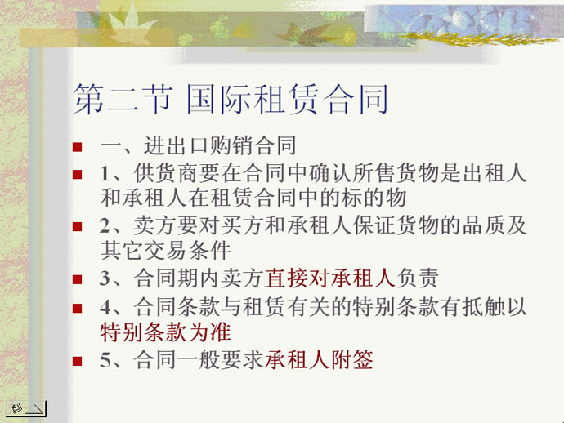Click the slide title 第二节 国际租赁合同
click(231, 99)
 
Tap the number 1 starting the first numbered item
click(105, 174)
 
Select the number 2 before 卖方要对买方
click(105, 226)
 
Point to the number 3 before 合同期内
click(105, 278)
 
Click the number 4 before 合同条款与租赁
click(105, 307)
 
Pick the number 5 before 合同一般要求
click(105, 360)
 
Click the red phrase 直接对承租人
click(330, 278)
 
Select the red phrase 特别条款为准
click(165, 332)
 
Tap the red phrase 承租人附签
click(319, 359)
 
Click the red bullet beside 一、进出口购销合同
click(77, 147)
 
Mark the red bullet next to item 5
click(77, 361)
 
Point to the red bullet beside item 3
click(77, 279)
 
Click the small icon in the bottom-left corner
click(26, 409)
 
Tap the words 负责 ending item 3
click(417, 278)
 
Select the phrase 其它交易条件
click(165, 251)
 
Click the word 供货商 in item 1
click(166, 173)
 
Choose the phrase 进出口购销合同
click(220, 145)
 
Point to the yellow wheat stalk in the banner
click(478, 38)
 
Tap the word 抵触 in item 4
click(483, 307)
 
